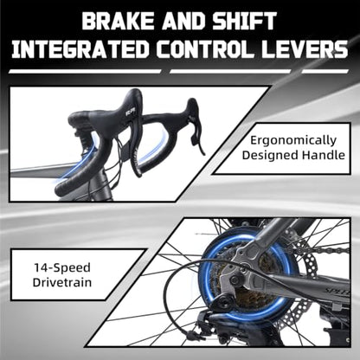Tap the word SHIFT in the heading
[x=245, y=21]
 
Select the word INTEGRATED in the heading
[x=80, y=49]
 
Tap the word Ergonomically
[x=293, y=141]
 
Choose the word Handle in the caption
[x=324, y=155]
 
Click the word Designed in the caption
[x=270, y=156]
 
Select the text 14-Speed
[x=62, y=268]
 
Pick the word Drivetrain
[x=62, y=282]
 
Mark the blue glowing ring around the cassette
[x=202, y=277]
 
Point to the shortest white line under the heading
[x=325, y=71]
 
